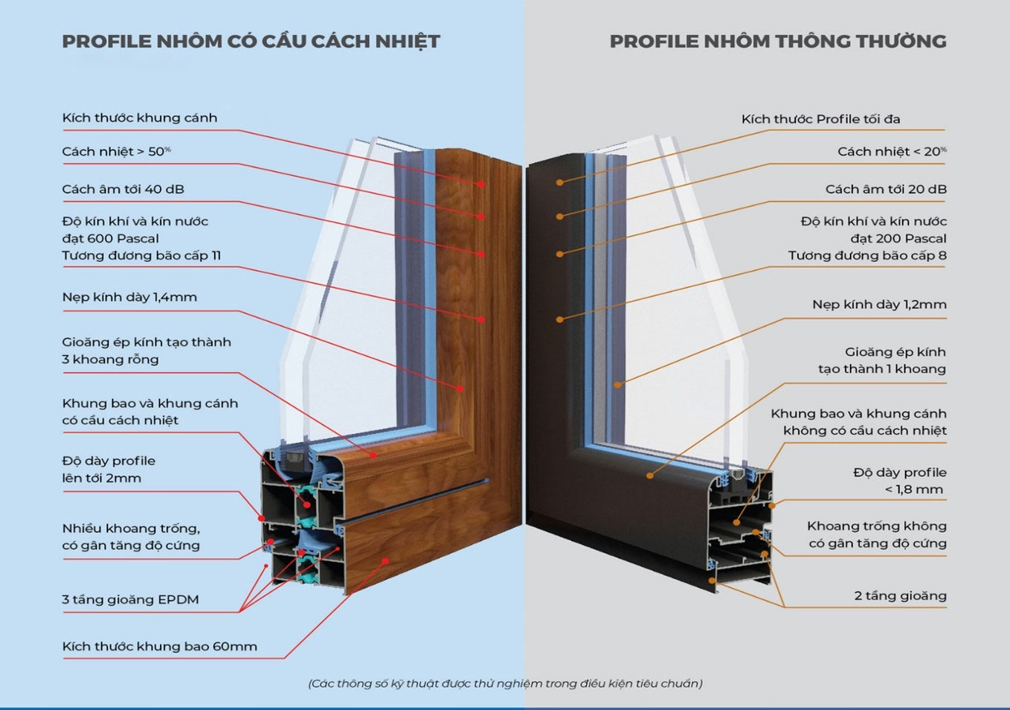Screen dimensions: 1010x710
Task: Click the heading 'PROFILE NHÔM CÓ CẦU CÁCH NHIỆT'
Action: click(251, 42)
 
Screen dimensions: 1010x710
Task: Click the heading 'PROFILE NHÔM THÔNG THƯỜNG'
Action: click(778, 41)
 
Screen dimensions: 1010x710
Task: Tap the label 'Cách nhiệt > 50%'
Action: click(116, 151)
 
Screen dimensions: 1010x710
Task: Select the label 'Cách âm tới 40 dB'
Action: click(123, 189)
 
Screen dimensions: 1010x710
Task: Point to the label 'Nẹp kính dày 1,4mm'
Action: click(129, 297)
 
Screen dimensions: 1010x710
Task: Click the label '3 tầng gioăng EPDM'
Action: click(130, 600)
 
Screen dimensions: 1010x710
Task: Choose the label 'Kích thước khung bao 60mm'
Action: click(160, 647)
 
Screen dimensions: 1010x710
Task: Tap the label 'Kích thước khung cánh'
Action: click(139, 118)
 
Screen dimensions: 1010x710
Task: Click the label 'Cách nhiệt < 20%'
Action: click(892, 151)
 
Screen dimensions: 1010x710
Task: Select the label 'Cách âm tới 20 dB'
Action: click(886, 189)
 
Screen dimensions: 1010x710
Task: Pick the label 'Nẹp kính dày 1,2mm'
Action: click(879, 304)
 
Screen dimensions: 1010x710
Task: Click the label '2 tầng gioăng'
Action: click(901, 596)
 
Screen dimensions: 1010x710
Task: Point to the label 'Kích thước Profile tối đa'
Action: click(820, 119)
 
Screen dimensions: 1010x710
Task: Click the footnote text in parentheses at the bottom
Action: click(506, 684)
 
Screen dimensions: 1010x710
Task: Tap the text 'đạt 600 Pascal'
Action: click(111, 239)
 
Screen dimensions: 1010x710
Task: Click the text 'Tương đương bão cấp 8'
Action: click(867, 256)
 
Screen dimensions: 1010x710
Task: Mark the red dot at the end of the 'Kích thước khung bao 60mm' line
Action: click(385, 561)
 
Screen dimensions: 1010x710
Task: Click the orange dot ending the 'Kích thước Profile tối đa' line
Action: click(559, 182)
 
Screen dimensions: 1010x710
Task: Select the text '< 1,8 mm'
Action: click(914, 490)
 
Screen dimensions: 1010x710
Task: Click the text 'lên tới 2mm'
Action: click(101, 478)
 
